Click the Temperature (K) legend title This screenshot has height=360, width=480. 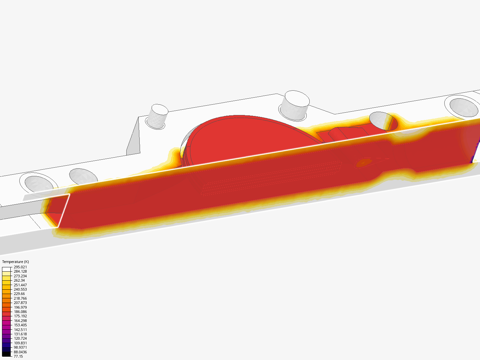15,262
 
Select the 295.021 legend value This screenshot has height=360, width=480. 20,267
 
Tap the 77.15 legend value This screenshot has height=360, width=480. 18,356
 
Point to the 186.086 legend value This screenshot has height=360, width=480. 20,312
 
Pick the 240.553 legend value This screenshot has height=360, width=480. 20,289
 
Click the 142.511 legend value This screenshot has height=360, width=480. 20,330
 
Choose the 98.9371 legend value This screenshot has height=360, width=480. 20,347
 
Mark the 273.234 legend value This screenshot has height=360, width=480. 20,276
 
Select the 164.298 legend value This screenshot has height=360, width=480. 20,321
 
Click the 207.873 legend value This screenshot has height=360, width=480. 20,303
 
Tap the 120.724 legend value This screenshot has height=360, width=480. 20,338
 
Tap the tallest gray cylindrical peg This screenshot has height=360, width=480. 294,104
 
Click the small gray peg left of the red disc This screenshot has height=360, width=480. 158,116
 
